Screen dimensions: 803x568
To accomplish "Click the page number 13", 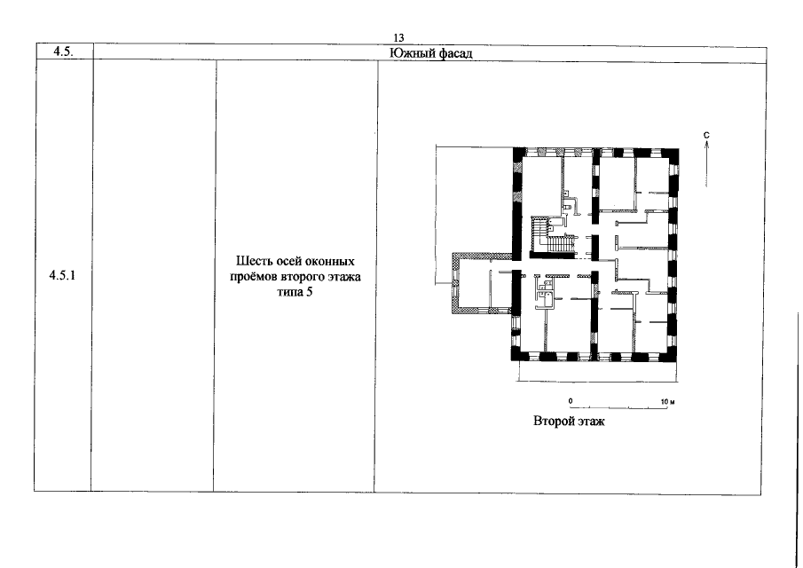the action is [398, 38].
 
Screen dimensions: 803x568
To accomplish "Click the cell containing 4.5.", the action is [65, 51].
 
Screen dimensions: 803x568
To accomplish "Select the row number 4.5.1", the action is [62, 275].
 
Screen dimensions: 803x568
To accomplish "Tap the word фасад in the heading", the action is [456, 53].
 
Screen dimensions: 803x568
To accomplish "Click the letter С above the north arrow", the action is [706, 135].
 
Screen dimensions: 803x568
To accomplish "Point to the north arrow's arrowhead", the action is [706, 145].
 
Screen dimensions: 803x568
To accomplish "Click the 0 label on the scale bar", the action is [571, 401].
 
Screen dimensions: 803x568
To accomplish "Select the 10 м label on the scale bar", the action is [668, 401].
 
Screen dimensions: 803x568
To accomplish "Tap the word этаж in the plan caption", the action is [590, 422].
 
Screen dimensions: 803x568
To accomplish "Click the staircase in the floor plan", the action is [552, 237].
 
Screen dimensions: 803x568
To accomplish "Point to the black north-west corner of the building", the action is [519, 154].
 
